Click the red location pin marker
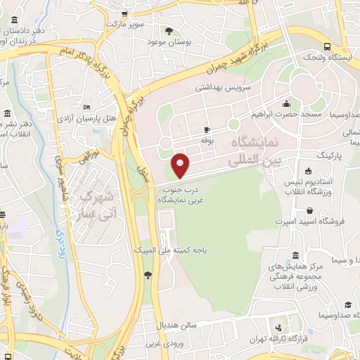point(181,165)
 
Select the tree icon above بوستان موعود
point(169,30)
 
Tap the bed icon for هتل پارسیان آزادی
point(86,107)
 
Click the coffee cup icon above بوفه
point(207,129)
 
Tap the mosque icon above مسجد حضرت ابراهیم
point(286,103)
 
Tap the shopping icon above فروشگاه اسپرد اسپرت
point(310,210)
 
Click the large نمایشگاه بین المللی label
point(255,151)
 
